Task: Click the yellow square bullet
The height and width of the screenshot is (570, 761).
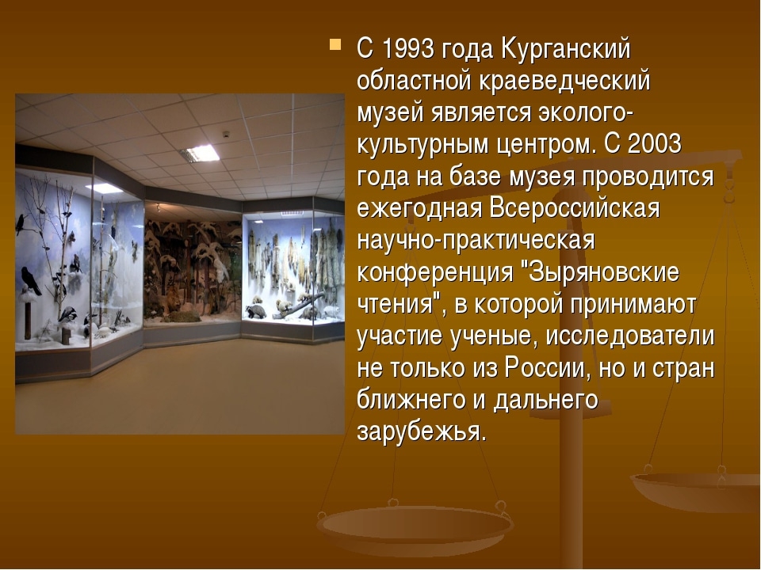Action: point(335,44)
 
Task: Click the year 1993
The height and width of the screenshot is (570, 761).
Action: point(407,49)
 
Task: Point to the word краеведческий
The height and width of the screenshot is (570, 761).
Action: point(564,82)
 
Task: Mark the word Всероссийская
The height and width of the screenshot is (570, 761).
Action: point(575,208)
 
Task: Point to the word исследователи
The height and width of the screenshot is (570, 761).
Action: point(629,336)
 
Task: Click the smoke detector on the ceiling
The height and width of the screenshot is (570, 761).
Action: point(226,135)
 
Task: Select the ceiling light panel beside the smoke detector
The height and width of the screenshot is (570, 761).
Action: point(200,153)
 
